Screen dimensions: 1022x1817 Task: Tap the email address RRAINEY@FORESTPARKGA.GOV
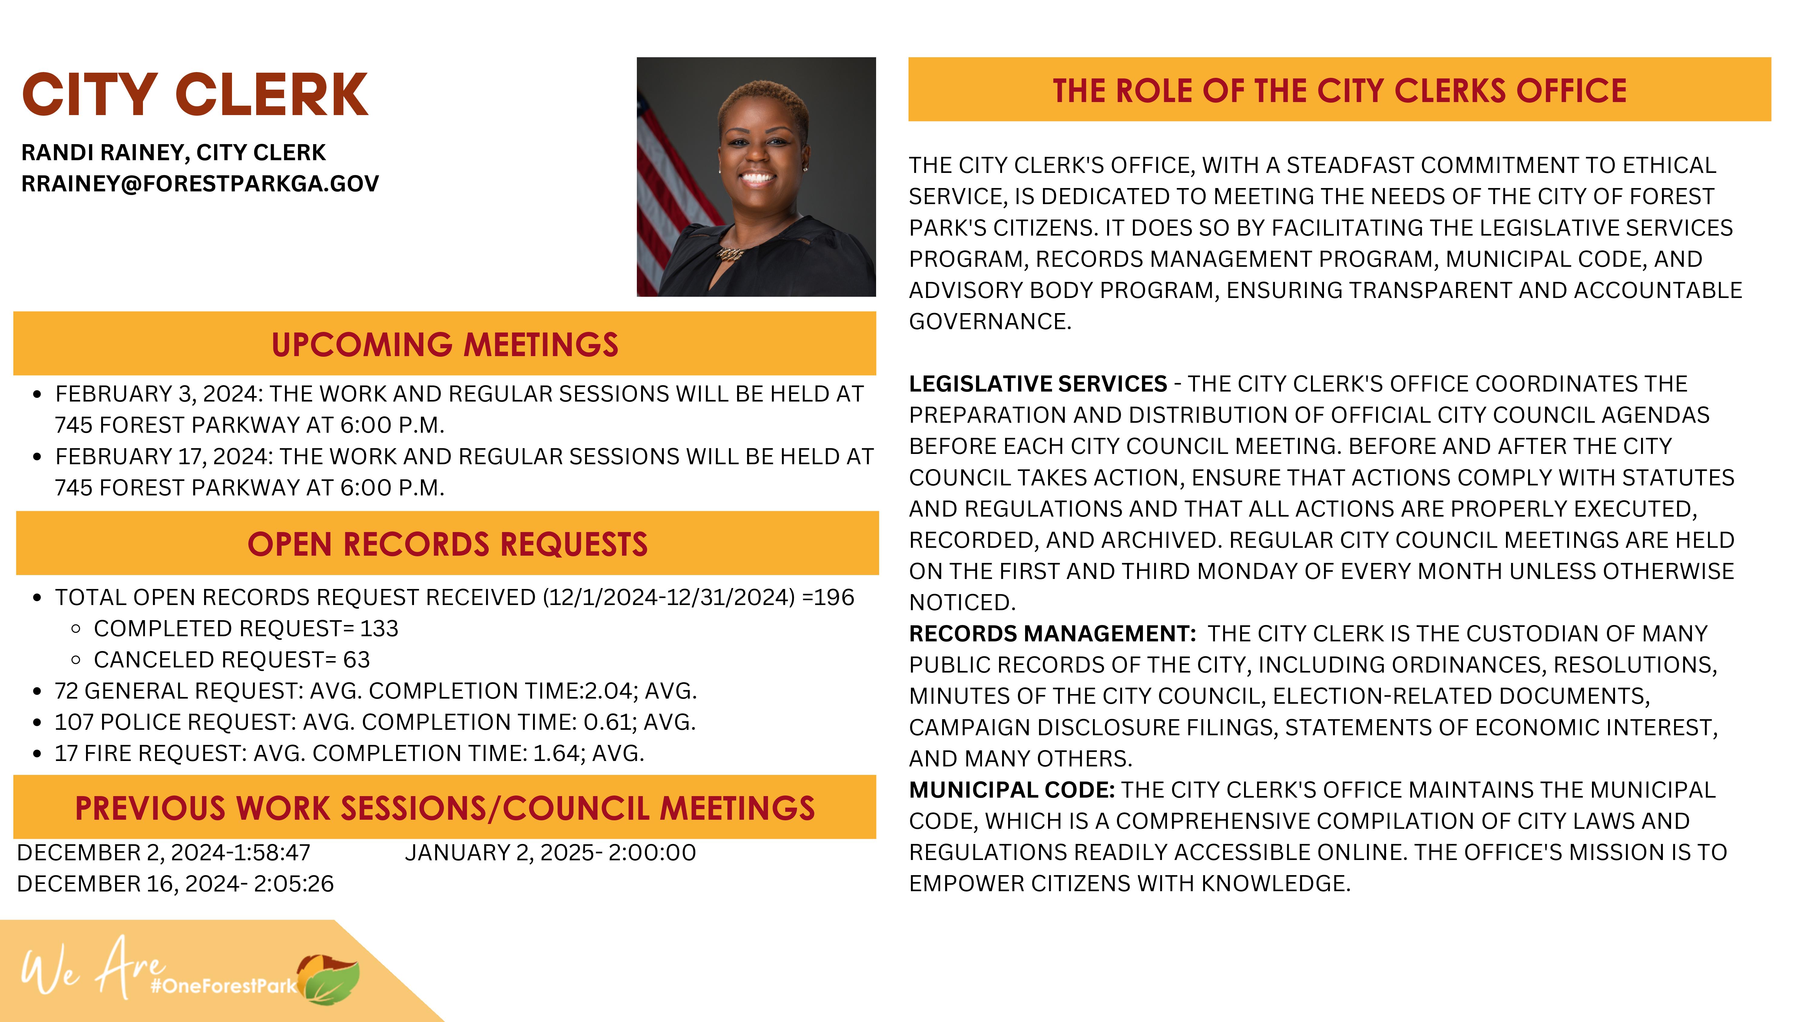click(200, 184)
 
